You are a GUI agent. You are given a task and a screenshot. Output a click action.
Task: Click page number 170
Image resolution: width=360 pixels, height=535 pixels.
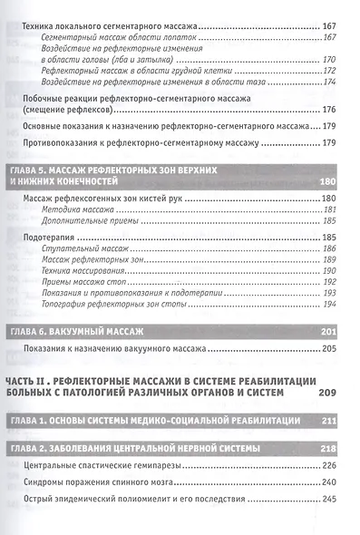tap(329, 58)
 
